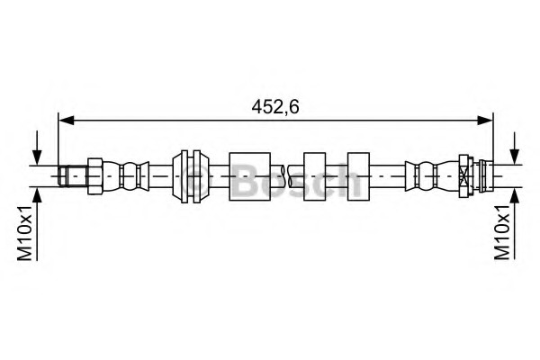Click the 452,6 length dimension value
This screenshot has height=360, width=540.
point(275,106)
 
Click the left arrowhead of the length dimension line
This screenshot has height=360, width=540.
point(67,121)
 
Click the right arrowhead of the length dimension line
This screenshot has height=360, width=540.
point(485,121)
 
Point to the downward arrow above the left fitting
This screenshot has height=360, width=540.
point(37,148)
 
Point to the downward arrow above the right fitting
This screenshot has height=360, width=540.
point(515,148)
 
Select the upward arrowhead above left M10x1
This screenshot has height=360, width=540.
point(37,195)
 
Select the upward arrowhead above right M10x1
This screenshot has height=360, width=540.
point(515,195)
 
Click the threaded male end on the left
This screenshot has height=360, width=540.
point(73,176)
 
